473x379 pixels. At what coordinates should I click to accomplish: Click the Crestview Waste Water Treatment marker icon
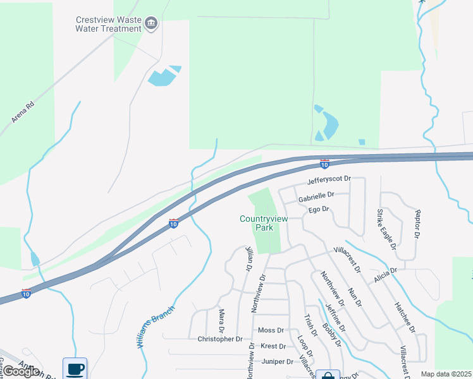pyautogui.click(x=151, y=24)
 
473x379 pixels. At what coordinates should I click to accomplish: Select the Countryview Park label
pyautogui.click(x=264, y=223)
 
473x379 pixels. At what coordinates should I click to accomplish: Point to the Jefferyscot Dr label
pyautogui.click(x=328, y=180)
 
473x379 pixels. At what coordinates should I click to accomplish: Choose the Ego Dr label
pyautogui.click(x=319, y=209)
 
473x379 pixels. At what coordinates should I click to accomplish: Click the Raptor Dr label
pyautogui.click(x=417, y=224)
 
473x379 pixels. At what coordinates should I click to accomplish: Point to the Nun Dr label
pyautogui.click(x=354, y=298)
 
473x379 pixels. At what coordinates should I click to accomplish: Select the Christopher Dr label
pyautogui.click(x=220, y=339)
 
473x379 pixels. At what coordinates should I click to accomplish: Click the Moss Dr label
pyautogui.click(x=271, y=330)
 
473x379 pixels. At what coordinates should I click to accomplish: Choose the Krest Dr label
pyautogui.click(x=273, y=346)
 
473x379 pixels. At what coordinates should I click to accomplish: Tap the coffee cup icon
pyautogui.click(x=75, y=368)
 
